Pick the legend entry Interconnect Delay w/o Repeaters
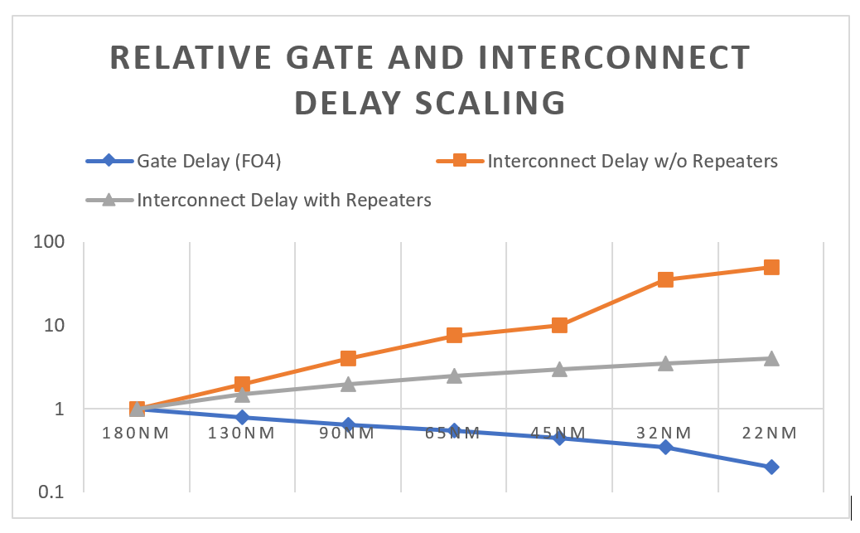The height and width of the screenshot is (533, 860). click(632, 162)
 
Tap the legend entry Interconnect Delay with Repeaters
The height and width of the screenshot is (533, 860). click(284, 200)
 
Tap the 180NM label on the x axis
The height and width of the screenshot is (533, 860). click(138, 433)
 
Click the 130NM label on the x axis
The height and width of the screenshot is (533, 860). click(242, 433)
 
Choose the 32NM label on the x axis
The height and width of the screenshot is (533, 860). click(665, 433)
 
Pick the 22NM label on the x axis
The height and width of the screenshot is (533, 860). click(771, 433)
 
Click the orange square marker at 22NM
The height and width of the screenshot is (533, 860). click(771, 268)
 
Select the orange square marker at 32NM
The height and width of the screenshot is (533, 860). click(665, 280)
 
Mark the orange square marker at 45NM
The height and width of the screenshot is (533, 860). click(560, 326)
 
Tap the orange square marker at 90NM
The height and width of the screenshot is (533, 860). click(348, 359)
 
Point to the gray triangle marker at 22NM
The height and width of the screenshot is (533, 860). click(771, 358)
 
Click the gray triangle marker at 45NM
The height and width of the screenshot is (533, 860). click(560, 369)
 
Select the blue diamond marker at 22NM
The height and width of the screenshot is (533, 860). click(771, 467)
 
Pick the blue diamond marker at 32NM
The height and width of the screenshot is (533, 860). click(665, 448)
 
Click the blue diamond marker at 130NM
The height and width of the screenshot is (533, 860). click(242, 417)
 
